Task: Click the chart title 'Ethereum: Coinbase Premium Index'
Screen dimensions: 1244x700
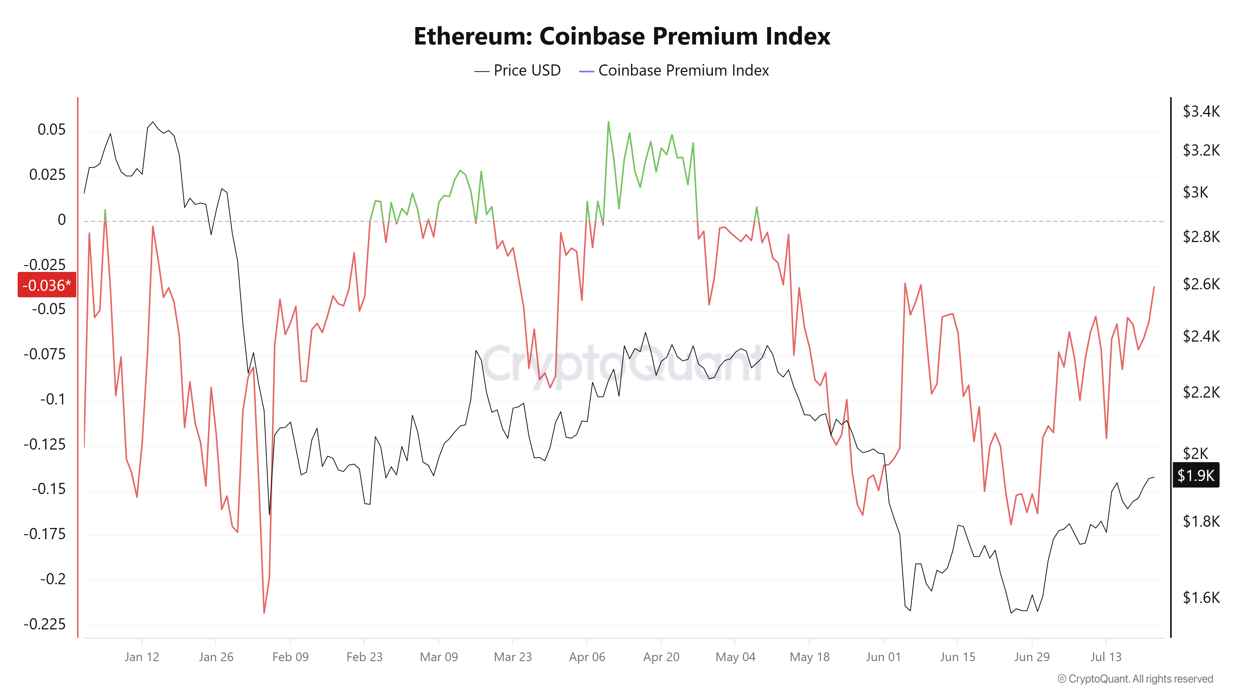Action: tap(622, 36)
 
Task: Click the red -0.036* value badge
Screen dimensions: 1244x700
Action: tap(47, 285)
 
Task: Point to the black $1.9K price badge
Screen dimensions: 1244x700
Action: tap(1196, 475)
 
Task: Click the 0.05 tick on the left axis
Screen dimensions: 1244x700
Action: tap(52, 129)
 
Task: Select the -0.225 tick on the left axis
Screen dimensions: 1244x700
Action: tap(44, 624)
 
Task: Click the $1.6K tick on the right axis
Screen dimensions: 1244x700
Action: tap(1201, 598)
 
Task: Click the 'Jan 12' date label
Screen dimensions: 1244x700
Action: tap(142, 657)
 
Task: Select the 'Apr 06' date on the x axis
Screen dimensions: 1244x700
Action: tap(587, 657)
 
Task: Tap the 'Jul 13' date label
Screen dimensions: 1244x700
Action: tap(1106, 657)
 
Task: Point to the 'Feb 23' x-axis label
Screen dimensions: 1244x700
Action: tap(364, 657)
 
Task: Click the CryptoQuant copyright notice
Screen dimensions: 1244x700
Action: tap(1135, 679)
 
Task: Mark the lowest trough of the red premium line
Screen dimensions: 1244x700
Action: tap(264, 613)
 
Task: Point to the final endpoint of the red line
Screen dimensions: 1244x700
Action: tap(1154, 287)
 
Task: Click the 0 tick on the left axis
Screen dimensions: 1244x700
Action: tap(62, 220)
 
